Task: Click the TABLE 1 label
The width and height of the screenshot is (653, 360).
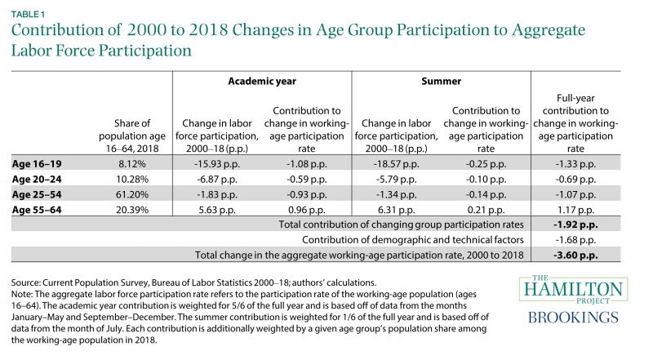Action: tap(28, 14)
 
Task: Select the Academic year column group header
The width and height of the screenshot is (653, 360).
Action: tap(262, 82)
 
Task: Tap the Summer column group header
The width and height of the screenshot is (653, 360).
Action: tap(441, 82)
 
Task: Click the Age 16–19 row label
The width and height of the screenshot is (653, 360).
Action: tap(37, 164)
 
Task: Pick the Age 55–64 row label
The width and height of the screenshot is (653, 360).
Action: tap(37, 210)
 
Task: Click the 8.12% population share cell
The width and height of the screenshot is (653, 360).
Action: tap(132, 164)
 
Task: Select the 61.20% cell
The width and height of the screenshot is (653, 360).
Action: tap(132, 194)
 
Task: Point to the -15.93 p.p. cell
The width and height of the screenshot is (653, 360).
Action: tap(217, 164)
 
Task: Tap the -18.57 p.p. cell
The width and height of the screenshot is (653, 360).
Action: tap(396, 164)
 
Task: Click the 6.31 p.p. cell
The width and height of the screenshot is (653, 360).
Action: tap(396, 210)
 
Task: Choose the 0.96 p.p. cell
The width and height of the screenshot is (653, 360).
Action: tap(307, 210)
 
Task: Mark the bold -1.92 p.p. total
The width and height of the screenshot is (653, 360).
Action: tap(575, 225)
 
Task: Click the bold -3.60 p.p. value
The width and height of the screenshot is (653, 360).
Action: tap(575, 256)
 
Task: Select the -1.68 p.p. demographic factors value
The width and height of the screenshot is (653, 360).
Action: tap(575, 240)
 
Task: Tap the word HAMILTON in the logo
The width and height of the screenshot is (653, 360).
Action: tap(573, 289)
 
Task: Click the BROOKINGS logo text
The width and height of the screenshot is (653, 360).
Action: tap(573, 318)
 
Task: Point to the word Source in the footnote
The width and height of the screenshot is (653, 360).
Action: tap(25, 282)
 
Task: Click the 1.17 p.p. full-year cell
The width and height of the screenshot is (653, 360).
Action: tap(575, 210)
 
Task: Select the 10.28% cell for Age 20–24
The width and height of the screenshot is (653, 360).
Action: tap(132, 179)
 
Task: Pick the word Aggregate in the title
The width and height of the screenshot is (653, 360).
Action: tap(549, 30)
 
